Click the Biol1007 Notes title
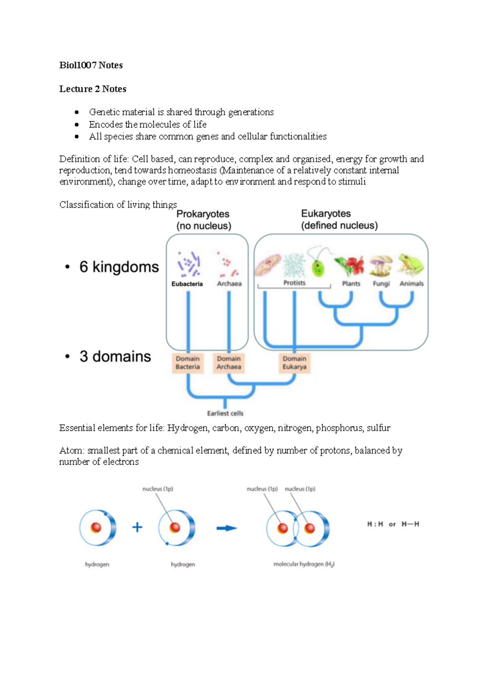(x=91, y=65)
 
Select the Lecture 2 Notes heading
(x=92, y=89)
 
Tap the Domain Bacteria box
(x=188, y=363)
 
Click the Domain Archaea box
(x=229, y=363)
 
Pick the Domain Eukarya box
(x=294, y=363)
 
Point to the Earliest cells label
(x=225, y=413)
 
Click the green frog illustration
(x=411, y=265)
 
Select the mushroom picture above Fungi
(x=381, y=266)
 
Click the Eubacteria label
(x=187, y=284)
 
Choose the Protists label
(x=294, y=283)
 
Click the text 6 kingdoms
(x=119, y=267)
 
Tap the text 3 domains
(x=115, y=356)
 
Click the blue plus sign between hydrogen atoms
(x=137, y=527)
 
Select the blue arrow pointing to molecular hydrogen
(x=227, y=528)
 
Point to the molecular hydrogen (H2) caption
(x=304, y=564)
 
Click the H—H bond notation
(x=410, y=524)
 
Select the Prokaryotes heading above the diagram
(x=203, y=214)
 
